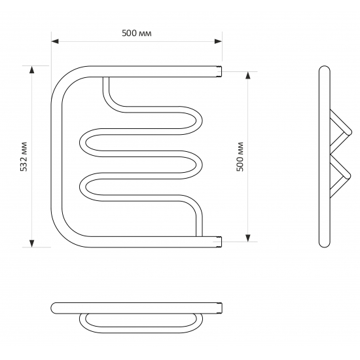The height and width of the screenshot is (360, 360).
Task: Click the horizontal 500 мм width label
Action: [137, 33]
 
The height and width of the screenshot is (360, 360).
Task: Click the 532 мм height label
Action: [24, 156]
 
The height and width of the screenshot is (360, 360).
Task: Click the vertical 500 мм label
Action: [240, 156]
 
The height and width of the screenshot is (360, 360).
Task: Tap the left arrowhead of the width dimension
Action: [55, 41]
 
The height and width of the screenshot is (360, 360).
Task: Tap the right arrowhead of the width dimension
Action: [218, 41]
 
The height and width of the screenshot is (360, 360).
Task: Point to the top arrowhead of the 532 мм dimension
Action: [32, 69]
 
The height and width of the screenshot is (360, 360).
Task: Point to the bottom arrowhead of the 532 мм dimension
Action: [32, 243]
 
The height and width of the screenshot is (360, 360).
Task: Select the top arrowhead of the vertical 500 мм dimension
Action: [248, 75]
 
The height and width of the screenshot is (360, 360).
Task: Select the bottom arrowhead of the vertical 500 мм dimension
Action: [248, 238]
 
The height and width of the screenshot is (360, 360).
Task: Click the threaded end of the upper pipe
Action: [220, 71]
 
